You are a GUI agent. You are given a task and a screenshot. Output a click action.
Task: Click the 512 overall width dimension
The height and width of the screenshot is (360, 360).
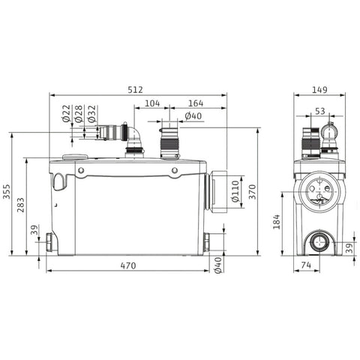coord(135,90)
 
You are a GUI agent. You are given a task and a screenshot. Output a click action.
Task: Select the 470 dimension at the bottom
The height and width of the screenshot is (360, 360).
coord(128,265)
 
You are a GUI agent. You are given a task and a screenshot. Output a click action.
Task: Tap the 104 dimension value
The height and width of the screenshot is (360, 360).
coord(152,103)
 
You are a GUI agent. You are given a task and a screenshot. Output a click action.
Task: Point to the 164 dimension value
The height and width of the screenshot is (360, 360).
coord(196,103)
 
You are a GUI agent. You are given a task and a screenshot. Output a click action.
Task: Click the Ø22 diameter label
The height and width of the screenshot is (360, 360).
coord(66,113)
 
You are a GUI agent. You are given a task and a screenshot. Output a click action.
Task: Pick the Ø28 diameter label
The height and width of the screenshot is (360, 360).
coord(79,114)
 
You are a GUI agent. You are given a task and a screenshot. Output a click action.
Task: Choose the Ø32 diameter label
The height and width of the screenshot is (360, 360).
coord(91,114)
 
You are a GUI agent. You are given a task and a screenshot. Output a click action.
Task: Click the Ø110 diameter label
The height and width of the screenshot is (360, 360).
coord(235,191)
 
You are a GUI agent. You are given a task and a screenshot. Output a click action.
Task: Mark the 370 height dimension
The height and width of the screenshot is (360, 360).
coord(253,192)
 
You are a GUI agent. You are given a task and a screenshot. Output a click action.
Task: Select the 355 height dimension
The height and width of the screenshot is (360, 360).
coord(7,192)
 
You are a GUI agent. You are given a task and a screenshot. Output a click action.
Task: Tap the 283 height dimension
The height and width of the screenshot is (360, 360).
coord(21,205)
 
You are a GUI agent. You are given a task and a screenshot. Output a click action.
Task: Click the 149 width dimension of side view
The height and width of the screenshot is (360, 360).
coord(319,90)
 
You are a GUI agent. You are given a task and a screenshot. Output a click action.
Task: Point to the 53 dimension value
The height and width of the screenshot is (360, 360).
coord(320,111)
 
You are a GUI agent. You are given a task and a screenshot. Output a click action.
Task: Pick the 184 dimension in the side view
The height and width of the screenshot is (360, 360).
coord(277,222)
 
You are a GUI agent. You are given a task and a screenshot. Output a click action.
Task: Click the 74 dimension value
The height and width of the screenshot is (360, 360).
coord(306,265)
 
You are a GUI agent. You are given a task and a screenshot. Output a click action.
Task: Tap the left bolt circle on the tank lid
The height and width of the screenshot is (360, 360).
coord(81,170)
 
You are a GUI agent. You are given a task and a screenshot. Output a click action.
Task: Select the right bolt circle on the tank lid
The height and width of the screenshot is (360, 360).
coord(175,170)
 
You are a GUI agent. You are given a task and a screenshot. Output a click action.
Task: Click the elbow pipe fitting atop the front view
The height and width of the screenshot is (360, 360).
coord(133,139)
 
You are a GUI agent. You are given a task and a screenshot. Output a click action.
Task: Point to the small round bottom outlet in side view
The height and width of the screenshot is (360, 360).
coord(319,242)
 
